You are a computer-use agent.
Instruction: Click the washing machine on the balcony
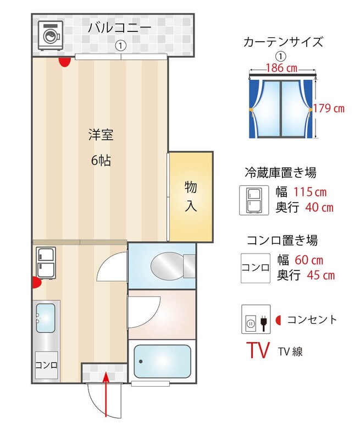pos(51,36)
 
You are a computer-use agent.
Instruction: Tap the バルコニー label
pos(120,28)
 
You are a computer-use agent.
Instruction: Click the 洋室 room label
pos(101,135)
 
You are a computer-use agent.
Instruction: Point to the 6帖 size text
pos(101,161)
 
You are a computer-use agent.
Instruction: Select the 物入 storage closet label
pos(191,196)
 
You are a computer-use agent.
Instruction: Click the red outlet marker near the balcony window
pos(64,62)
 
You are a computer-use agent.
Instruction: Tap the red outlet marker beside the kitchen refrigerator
pos(37,282)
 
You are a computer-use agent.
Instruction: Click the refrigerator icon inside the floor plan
pos(46,263)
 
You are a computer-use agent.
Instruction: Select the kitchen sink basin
pos(46,318)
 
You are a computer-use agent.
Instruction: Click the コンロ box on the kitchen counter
pos(47,365)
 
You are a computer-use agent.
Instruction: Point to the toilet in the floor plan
pos(173,266)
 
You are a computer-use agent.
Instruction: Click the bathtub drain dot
pos(141,361)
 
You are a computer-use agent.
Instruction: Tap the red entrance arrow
pos(106,394)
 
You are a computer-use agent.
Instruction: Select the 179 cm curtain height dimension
pos(329,108)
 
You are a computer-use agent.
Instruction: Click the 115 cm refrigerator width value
pos(310,192)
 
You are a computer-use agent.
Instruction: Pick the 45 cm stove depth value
pos(321,276)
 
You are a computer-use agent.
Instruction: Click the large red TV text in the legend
pos(258,350)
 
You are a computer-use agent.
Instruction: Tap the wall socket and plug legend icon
pos(256,320)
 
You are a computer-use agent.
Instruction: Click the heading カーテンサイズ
pos(283,42)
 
